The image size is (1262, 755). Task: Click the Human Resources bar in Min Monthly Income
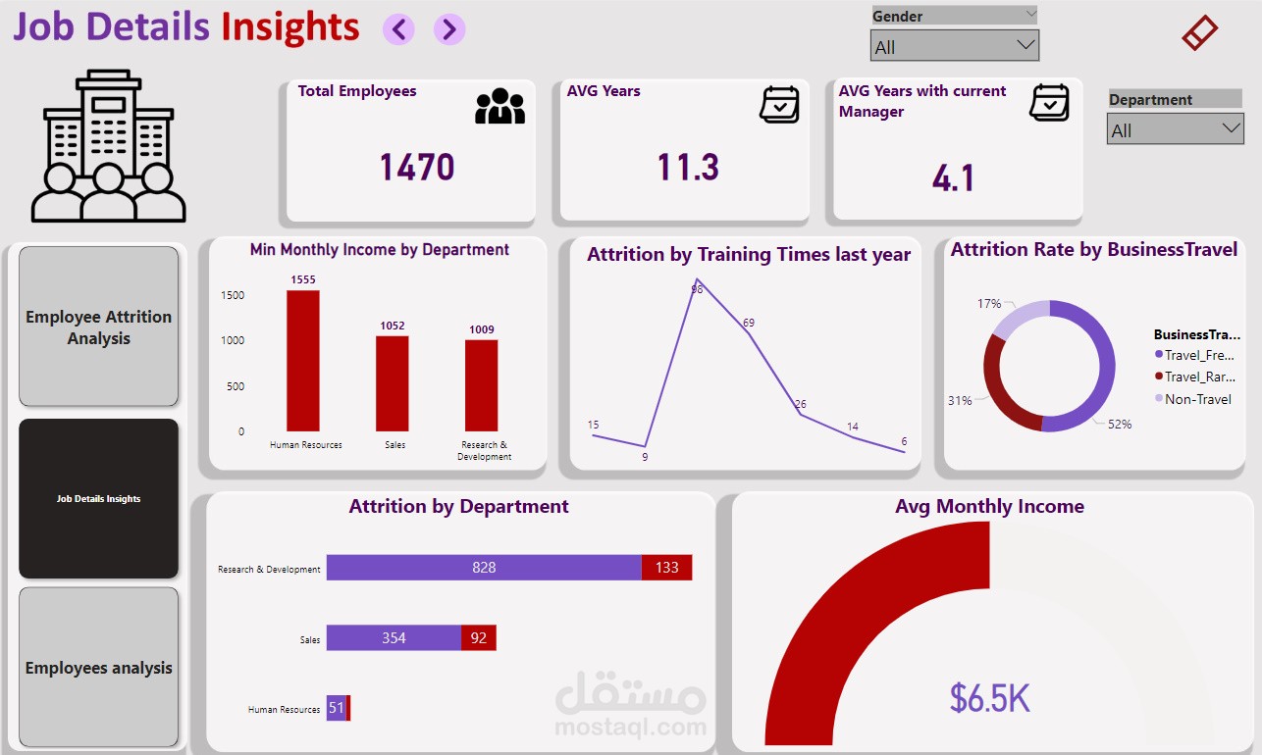(x=303, y=361)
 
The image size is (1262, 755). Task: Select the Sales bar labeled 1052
(x=393, y=383)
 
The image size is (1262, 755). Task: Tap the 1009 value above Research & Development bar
(x=481, y=329)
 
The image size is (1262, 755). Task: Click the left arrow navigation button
(x=398, y=29)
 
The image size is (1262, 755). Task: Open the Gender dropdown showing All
(x=954, y=46)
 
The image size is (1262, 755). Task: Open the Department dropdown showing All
(x=1175, y=129)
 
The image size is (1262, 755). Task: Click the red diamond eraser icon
(x=1199, y=33)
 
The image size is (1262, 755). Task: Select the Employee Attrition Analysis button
(x=98, y=327)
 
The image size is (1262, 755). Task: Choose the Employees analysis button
(x=98, y=668)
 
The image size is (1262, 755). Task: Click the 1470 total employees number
(x=417, y=168)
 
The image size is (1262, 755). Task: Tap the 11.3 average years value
(x=688, y=168)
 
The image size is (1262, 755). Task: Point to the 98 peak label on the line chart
(x=697, y=289)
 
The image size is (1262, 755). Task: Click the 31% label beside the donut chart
(x=960, y=400)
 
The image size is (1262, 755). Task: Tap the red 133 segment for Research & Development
(x=666, y=568)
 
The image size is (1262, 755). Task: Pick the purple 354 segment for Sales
(x=394, y=638)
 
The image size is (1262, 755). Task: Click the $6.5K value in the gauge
(x=989, y=698)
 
